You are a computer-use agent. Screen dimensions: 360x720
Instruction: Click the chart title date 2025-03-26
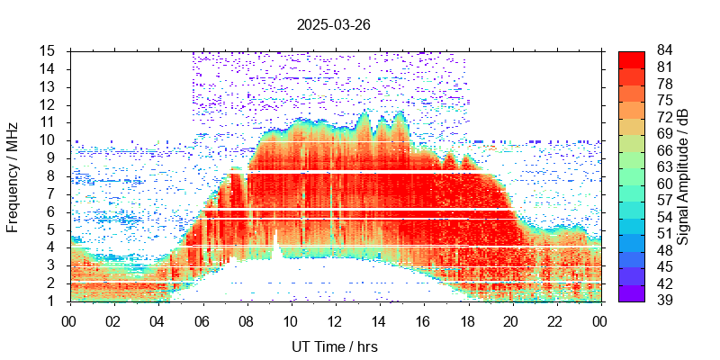pos(333,25)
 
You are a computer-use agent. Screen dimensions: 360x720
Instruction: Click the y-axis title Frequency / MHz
pos(13,175)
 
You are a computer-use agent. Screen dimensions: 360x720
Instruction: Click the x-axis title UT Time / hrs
pos(335,346)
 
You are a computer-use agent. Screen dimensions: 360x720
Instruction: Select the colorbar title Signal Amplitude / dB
pos(684,175)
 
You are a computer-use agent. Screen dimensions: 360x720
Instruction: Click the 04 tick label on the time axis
pos(157,319)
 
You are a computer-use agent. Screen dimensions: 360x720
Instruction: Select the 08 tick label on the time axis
pos(246,319)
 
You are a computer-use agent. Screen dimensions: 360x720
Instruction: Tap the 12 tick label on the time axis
pos(335,319)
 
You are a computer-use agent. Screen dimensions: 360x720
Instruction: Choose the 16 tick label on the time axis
pos(423,319)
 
